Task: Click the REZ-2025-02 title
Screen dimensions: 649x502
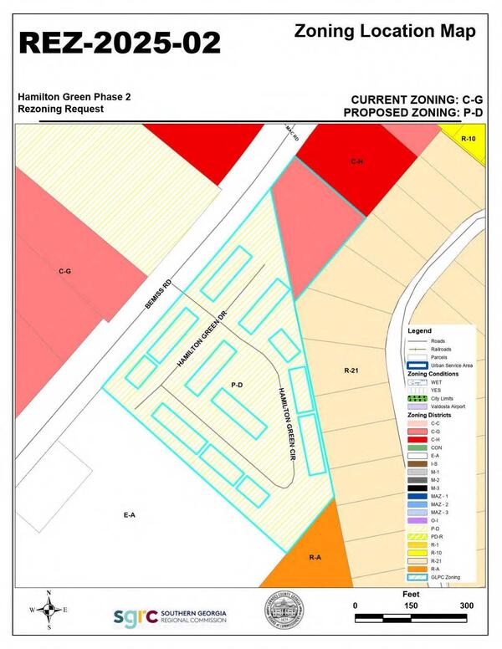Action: [x=120, y=43]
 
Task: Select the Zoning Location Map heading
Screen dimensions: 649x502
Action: [x=385, y=31]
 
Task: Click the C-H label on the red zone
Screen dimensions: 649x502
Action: [x=356, y=160]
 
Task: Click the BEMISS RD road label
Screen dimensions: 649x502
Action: [x=157, y=299]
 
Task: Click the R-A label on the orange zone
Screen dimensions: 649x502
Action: [x=315, y=557]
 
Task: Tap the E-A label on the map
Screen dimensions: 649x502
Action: [x=129, y=515]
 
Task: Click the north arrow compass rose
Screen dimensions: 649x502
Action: [x=49, y=611]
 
